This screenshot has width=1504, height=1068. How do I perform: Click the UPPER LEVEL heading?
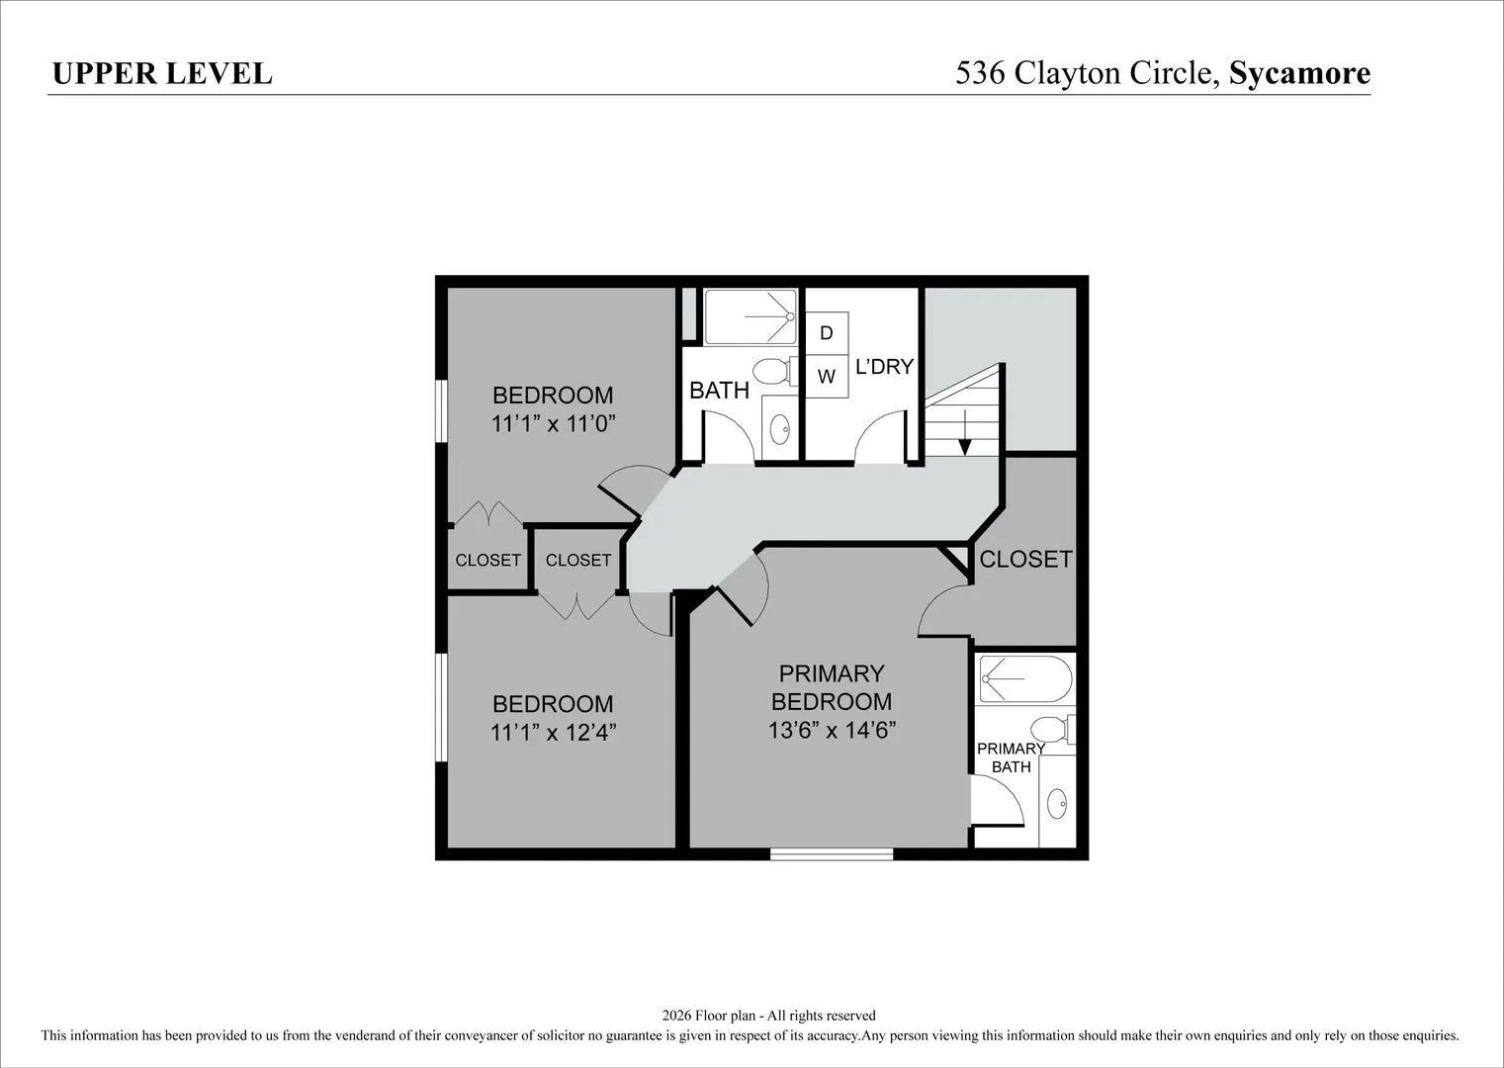coord(162,73)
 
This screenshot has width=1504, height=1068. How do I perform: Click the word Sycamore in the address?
coord(1299,74)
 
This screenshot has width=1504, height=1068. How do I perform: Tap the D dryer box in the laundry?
coord(827,333)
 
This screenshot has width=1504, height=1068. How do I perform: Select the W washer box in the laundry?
coord(827,376)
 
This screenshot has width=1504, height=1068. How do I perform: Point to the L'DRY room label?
coord(884,367)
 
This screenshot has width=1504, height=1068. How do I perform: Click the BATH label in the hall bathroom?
coord(719,390)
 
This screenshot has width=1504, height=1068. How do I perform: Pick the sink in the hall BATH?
coord(779,429)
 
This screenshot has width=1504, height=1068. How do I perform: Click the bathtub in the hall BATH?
coord(751,316)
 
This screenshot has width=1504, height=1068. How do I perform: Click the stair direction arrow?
coord(965,432)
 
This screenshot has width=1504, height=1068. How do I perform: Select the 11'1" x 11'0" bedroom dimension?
coord(554,423)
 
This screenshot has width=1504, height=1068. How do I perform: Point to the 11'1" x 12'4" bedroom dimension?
coord(554,733)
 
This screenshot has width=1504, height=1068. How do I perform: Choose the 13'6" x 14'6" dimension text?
coord(832,730)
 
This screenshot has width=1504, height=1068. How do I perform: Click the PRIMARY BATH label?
coord(1012,757)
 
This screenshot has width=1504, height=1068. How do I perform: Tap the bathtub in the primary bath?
coord(1025,679)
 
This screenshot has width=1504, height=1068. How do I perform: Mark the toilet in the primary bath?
coord(1052,730)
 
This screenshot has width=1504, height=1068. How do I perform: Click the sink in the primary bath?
coord(1057,804)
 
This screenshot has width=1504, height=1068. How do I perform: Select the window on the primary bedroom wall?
coord(832,853)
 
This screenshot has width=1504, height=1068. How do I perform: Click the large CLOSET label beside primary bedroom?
coord(1025,559)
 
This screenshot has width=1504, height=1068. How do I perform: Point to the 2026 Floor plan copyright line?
coord(768,1015)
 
